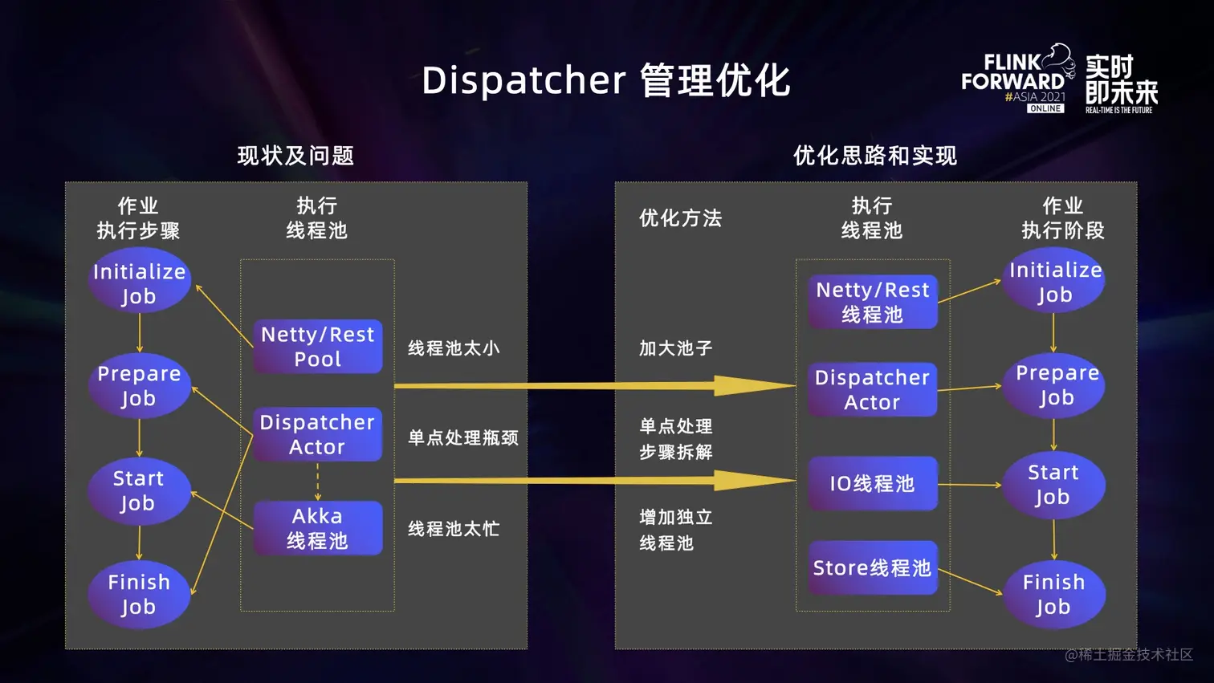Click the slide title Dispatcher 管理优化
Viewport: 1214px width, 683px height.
[x=606, y=80]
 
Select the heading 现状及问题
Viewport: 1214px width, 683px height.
[x=295, y=156]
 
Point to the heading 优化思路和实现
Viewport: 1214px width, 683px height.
[x=874, y=156]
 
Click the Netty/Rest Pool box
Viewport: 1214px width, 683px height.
[x=318, y=347]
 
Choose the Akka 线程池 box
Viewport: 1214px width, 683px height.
[x=318, y=528]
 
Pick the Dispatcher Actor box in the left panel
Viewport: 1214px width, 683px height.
[x=318, y=434]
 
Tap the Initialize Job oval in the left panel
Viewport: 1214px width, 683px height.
[x=139, y=283]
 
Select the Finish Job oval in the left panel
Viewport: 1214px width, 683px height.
[x=139, y=594]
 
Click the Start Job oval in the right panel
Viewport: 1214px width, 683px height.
[x=1053, y=485]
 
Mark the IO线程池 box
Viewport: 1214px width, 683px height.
[x=873, y=483]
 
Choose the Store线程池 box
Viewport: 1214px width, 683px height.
[x=873, y=568]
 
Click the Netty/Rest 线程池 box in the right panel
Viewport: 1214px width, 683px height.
[x=873, y=302]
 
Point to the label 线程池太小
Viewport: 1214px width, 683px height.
[x=454, y=348]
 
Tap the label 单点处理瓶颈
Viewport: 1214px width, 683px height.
[x=463, y=437]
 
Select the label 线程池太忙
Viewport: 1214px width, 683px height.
[x=454, y=529]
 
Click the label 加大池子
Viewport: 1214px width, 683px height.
[x=676, y=348]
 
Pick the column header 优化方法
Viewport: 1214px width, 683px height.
[x=681, y=218]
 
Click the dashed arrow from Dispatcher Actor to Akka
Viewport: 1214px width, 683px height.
[x=318, y=482]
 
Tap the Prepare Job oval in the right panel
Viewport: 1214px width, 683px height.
[x=1055, y=385]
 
